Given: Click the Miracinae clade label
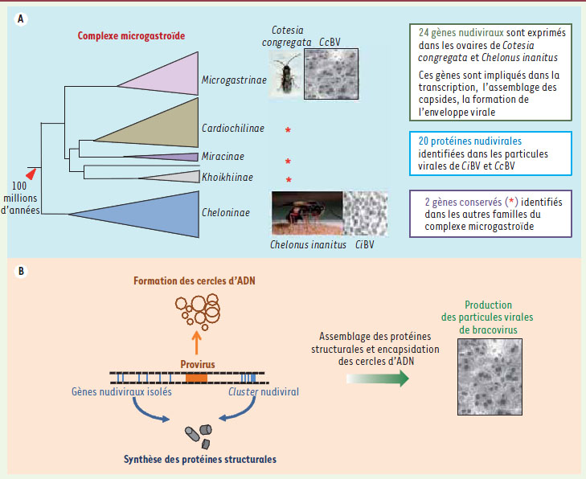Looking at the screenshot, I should tap(223, 157).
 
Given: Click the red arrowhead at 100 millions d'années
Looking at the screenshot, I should tap(31, 173).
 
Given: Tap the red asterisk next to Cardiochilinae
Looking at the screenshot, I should tap(287, 129).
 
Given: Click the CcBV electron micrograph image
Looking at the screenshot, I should tap(331, 75).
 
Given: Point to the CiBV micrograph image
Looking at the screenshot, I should tap(364, 212).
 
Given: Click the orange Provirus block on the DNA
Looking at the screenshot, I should tap(196, 375).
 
